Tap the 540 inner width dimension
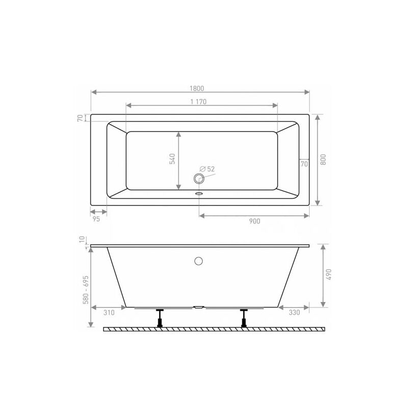click(x=172, y=159)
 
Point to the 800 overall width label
click(x=323, y=159)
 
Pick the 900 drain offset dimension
click(x=255, y=221)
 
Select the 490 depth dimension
click(x=329, y=275)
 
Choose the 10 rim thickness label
click(x=81, y=240)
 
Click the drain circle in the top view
click(x=198, y=178)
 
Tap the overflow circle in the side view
click(x=198, y=261)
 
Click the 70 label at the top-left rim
click(x=80, y=118)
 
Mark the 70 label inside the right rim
click(x=303, y=164)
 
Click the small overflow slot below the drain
click(x=199, y=193)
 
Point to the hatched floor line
click(x=214, y=329)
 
